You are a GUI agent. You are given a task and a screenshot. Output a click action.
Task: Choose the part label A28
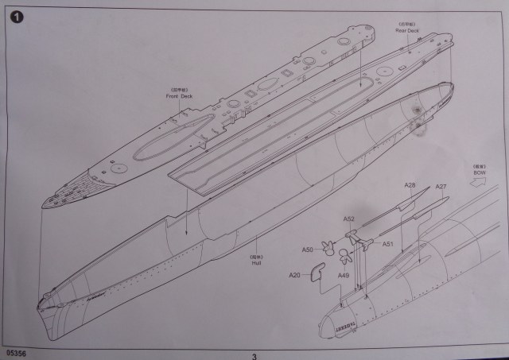[x=410, y=186]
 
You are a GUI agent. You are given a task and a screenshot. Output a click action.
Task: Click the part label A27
[x=441, y=187]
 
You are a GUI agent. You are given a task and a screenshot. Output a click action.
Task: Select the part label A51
[x=389, y=243]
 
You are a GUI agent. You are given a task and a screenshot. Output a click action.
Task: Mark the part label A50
[x=307, y=250]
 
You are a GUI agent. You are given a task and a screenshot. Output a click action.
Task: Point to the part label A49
[x=343, y=276]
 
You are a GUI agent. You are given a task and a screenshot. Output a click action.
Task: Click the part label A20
[x=294, y=275]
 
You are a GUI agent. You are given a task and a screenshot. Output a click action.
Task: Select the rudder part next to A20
[x=317, y=270]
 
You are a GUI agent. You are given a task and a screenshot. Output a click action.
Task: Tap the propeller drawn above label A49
[x=344, y=257]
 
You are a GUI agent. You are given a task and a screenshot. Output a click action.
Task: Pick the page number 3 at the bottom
[x=254, y=355]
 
